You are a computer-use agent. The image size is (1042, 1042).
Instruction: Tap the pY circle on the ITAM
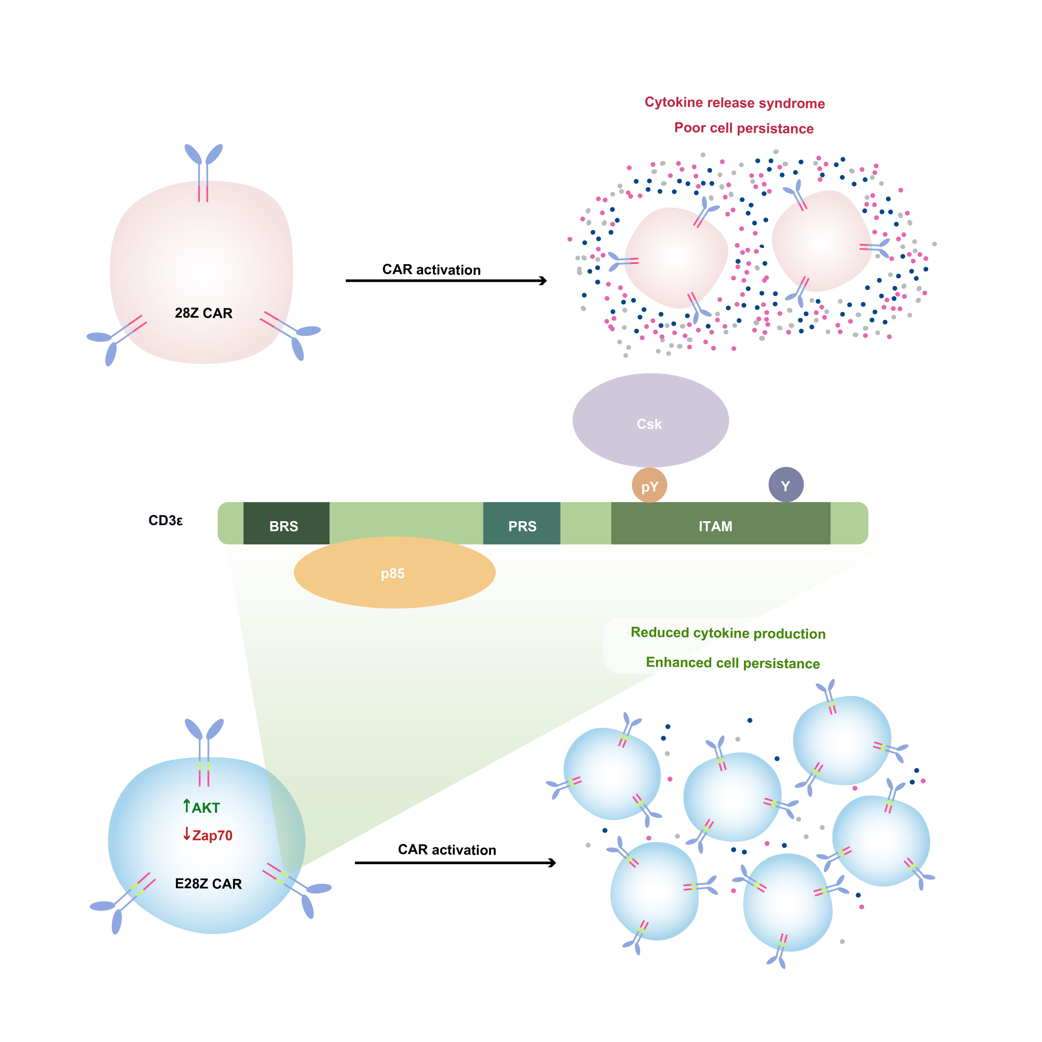649,486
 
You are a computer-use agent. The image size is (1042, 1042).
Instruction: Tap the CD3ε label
166,520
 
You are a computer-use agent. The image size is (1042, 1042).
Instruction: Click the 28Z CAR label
203,313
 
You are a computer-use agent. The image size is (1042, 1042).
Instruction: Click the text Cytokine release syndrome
735,103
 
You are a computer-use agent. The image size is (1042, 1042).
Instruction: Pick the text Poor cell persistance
744,128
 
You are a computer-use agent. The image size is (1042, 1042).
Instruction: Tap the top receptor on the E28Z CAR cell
204,750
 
